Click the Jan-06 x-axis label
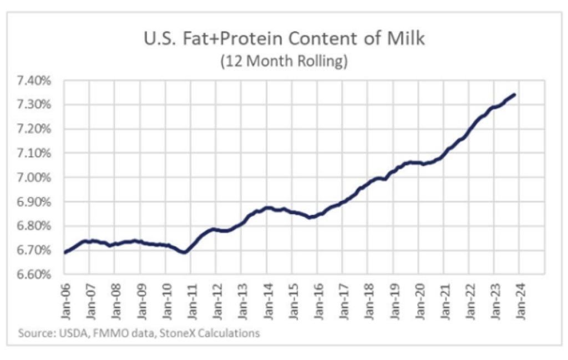(65, 299)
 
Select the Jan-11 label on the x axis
(191, 299)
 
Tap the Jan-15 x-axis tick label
(292, 299)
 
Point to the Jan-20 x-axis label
(419, 299)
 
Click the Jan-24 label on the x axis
(520, 299)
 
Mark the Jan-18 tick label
(368, 299)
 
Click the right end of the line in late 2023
(515, 95)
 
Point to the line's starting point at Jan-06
(65, 252)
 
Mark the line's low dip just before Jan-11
(184, 252)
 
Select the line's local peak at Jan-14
(267, 208)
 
